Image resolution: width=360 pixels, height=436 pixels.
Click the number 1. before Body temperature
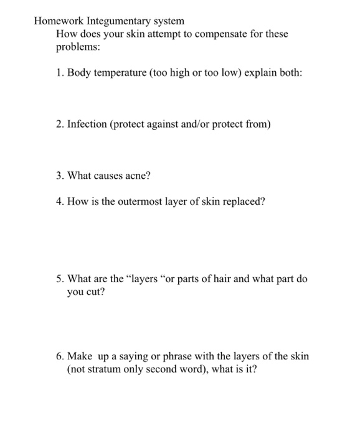[60, 73]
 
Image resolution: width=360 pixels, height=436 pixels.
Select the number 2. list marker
[60, 125]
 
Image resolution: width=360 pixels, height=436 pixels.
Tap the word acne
[138, 176]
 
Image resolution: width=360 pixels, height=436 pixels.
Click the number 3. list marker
[60, 176]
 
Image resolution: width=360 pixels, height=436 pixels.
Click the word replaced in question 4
[244, 202]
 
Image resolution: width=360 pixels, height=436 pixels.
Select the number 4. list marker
[60, 202]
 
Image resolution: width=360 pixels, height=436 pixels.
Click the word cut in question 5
[94, 291]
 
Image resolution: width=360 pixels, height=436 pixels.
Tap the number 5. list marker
[60, 279]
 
